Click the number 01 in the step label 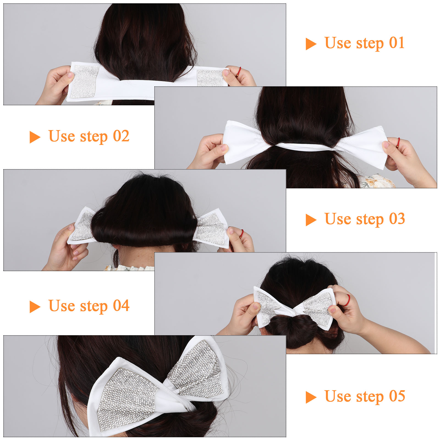click(397, 43)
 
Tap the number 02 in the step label click(121, 136)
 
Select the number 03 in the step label click(397, 219)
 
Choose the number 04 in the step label click(121, 306)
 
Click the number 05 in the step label click(397, 396)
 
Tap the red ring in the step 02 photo click(398, 143)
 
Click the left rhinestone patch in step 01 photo click(84, 81)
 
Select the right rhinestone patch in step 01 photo click(210, 78)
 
